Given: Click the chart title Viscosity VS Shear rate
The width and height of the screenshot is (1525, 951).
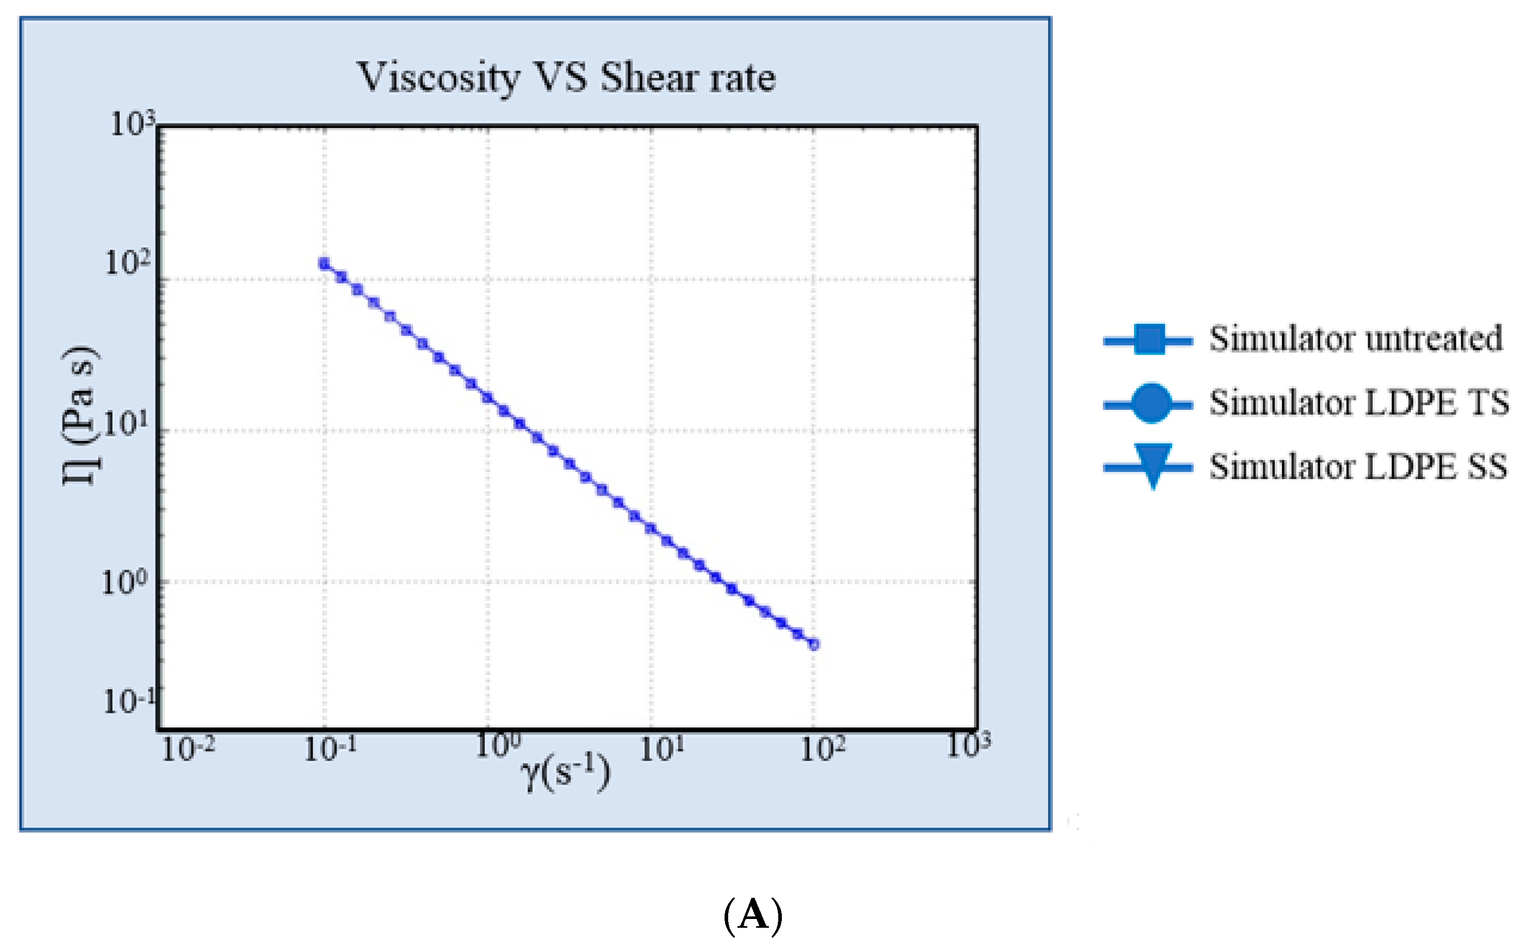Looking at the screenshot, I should (x=566, y=78).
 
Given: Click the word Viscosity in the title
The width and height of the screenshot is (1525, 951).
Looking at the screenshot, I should (x=438, y=78).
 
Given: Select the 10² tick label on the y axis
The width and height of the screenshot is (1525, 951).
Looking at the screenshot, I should (x=127, y=263).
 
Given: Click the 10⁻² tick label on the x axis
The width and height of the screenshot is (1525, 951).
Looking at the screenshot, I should (x=188, y=749).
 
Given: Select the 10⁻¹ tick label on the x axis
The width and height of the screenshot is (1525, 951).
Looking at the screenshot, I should (x=330, y=749).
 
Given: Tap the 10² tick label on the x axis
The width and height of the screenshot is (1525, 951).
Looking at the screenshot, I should (x=822, y=749).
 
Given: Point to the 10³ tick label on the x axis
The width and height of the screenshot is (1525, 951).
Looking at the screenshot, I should (x=969, y=746).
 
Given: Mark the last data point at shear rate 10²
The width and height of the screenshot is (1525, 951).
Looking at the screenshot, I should (x=813, y=644).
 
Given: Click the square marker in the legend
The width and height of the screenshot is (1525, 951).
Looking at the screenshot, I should (x=1149, y=340).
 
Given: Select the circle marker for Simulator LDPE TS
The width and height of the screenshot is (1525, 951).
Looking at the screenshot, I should (x=1150, y=403).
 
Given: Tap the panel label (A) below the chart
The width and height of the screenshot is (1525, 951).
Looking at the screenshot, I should (x=752, y=915).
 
